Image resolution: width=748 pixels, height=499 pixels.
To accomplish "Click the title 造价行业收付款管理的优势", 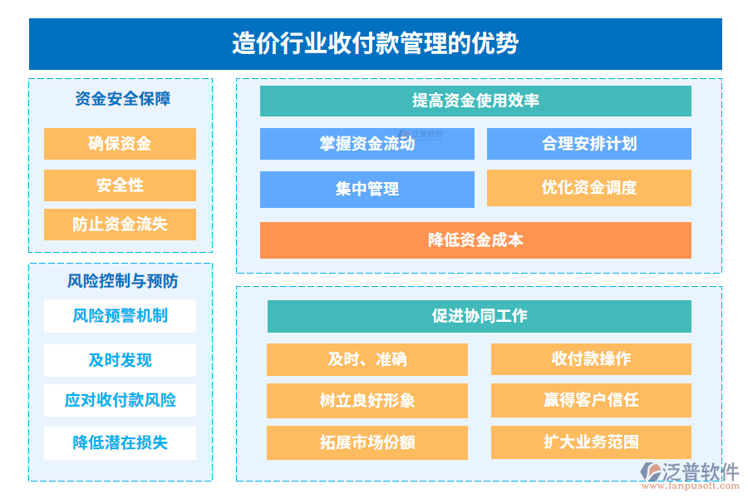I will (375, 43).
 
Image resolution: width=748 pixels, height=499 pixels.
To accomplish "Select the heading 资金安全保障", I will (122, 99).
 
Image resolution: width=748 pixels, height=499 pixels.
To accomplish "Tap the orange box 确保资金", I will (120, 144).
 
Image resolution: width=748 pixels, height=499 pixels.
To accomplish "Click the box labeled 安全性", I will (120, 185).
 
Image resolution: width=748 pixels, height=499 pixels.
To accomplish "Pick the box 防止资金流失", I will (120, 225).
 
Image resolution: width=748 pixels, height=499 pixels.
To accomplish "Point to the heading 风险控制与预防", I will (122, 281).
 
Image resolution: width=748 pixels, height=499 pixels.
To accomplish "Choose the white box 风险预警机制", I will (120, 316).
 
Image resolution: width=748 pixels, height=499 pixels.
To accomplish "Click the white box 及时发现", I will (120, 360).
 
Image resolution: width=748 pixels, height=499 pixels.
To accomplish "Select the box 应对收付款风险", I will (120, 400).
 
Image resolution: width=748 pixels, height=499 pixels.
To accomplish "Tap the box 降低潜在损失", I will (120, 442).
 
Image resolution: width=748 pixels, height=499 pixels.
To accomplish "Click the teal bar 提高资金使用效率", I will (475, 101).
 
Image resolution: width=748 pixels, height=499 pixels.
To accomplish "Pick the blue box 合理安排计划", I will (588, 144).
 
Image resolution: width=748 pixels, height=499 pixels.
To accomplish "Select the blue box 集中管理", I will (367, 190).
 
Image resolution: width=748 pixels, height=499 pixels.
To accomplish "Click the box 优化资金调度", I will (588, 188).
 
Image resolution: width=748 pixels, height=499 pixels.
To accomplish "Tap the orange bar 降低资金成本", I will (475, 240).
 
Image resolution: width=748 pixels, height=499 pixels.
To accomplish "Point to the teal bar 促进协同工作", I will (479, 316).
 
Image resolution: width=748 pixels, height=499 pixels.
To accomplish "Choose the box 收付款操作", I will (591, 359).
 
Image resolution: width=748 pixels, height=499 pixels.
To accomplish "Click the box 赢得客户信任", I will (591, 400).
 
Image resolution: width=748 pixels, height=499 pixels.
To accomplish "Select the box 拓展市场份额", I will (367, 442).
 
